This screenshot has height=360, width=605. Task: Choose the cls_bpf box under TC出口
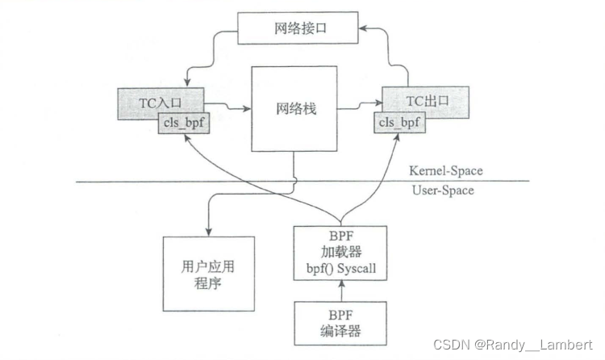[x=399, y=123]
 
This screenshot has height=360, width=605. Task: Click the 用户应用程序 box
[x=208, y=274]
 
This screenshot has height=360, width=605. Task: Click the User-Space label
[x=442, y=190]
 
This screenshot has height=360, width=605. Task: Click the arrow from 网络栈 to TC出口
[x=358, y=105]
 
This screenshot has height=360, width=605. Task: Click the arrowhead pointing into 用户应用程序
[x=208, y=232]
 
